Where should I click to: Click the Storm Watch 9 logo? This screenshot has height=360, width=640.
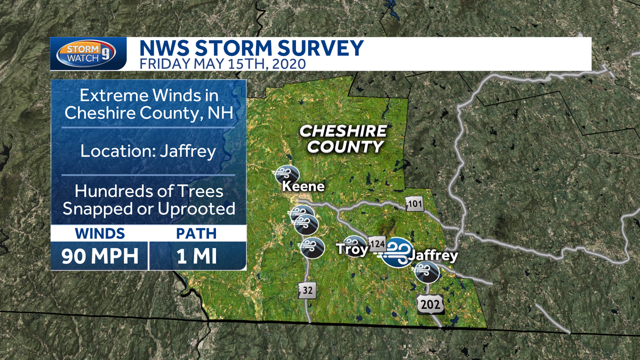click(88, 54)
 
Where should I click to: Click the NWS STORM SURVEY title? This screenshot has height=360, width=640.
click(251, 49)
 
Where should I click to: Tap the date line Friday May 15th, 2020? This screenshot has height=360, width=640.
click(222, 65)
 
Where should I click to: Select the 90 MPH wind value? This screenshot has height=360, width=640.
click(100, 256)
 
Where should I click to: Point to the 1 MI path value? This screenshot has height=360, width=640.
click(197, 256)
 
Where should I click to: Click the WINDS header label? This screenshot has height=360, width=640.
click(100, 234)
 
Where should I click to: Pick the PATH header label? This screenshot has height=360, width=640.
click(197, 234)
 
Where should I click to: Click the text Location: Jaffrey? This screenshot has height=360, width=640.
click(148, 151)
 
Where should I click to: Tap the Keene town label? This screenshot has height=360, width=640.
click(303, 187)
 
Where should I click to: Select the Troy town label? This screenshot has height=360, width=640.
click(352, 250)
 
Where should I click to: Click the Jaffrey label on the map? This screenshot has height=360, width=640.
click(433, 256)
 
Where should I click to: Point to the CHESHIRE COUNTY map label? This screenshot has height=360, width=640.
click(342, 139)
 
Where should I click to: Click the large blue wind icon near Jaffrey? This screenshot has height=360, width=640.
click(397, 252)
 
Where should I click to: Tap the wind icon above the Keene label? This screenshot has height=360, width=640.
click(287, 174)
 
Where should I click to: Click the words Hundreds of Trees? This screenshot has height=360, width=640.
click(148, 190)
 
